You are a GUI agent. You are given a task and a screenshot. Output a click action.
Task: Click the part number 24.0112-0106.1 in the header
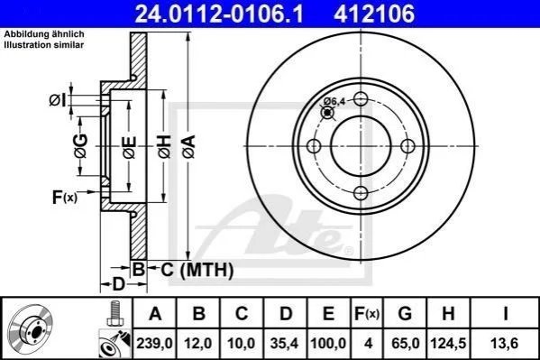(x=219, y=14)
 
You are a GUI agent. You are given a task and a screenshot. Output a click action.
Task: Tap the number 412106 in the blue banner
(x=374, y=14)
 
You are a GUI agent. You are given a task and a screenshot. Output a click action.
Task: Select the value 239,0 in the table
(x=154, y=344)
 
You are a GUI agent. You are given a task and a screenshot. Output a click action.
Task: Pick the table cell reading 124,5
(x=448, y=344)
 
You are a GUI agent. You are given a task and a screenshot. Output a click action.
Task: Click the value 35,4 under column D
(x=285, y=344)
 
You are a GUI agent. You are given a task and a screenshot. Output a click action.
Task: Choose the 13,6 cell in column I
(x=505, y=344)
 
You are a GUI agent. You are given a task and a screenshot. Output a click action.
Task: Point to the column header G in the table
(x=405, y=314)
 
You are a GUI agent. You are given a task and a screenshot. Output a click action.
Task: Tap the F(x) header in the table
(x=367, y=314)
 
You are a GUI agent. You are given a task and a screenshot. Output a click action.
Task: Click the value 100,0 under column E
(x=328, y=344)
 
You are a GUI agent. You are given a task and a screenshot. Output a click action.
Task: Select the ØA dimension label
(x=189, y=147)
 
